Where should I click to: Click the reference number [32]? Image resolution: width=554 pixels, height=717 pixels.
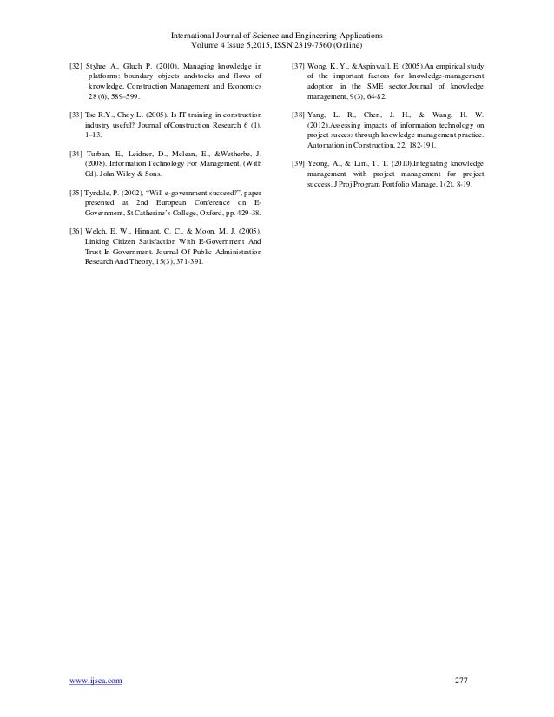pyautogui.click(x=76, y=66)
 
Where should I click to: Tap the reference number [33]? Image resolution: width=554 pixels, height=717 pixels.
pyautogui.click(x=76, y=115)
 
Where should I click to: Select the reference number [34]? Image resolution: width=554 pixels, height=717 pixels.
pyautogui.click(x=76, y=153)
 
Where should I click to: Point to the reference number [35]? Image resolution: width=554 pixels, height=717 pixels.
pyautogui.click(x=76, y=190)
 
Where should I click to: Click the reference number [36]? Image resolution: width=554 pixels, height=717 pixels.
pyautogui.click(x=76, y=230)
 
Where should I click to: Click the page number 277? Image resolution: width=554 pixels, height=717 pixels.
pyautogui.click(x=461, y=680)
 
